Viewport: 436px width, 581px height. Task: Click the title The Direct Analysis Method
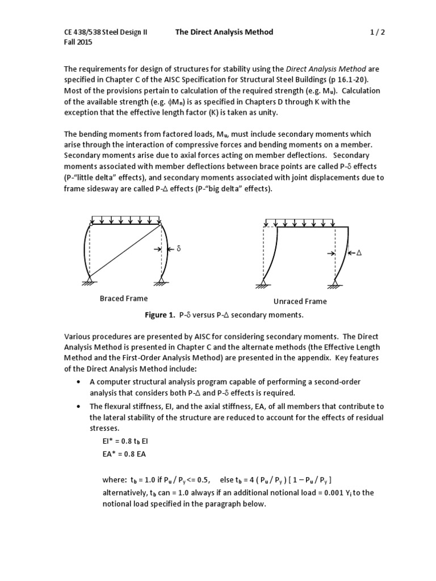224,32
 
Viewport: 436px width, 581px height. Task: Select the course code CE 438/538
85,32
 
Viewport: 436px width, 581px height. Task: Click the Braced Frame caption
124,298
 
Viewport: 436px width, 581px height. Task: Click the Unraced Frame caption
300,301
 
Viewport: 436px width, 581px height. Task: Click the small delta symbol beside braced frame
178,249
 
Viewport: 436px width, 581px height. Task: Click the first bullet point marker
78,382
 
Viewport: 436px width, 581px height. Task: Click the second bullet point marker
78,407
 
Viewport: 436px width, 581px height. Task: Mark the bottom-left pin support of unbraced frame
263,283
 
